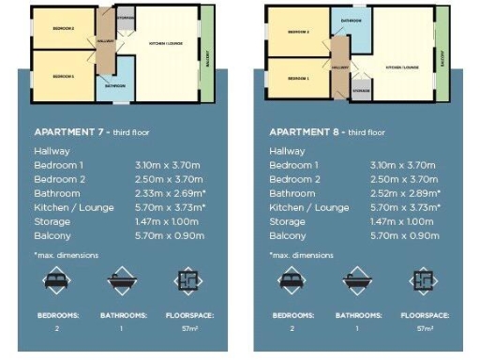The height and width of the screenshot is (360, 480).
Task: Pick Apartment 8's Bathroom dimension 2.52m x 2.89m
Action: coord(404,193)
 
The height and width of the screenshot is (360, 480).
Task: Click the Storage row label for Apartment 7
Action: coord(52,221)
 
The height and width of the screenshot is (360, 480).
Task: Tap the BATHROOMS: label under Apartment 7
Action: coord(123,316)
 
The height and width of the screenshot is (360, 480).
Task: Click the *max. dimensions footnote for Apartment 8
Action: coord(301,254)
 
